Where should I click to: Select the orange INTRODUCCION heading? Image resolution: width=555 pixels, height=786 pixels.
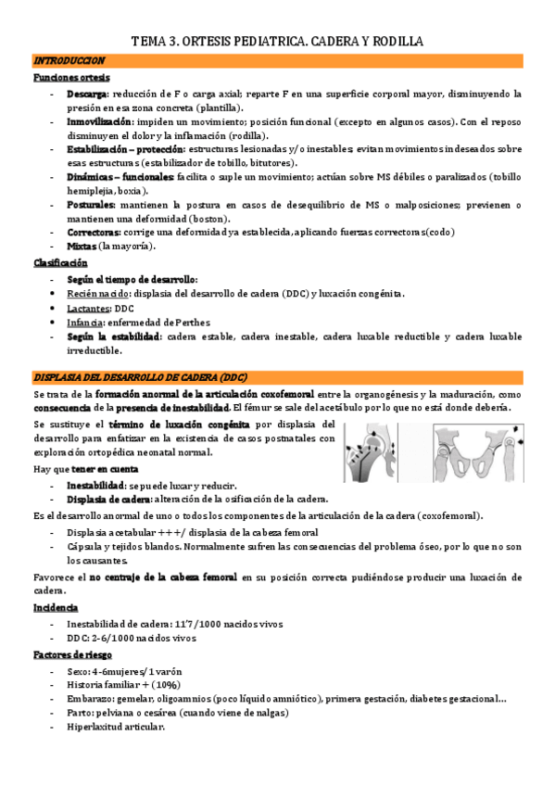[x=69, y=61]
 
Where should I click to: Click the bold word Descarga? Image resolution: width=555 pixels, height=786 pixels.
[x=87, y=95]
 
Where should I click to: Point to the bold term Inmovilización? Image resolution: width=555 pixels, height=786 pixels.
[x=99, y=121]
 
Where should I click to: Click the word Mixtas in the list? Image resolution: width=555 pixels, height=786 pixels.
[x=82, y=247]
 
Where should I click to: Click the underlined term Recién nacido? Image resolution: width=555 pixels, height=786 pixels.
[x=98, y=294]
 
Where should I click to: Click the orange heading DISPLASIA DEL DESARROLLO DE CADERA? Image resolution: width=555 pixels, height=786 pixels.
[x=139, y=377]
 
